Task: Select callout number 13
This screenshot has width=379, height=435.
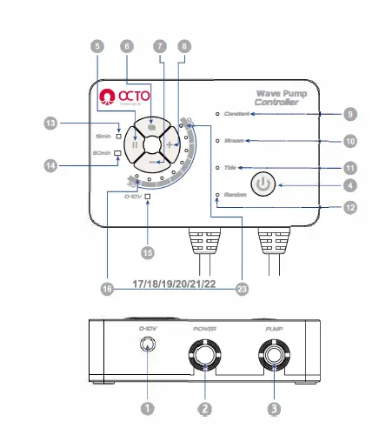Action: tap(51, 124)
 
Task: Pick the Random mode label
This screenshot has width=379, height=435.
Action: tap(235, 195)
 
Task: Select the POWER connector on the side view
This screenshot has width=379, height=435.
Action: tap(204, 357)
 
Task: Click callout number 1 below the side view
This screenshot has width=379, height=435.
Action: tap(148, 406)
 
